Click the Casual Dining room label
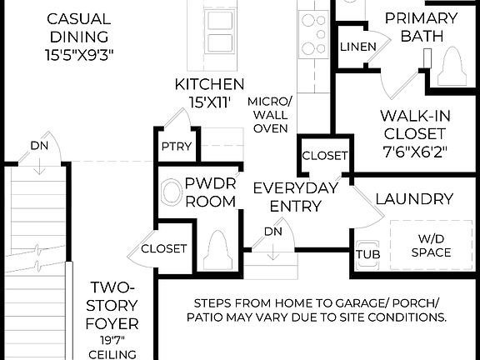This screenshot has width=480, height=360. click(x=78, y=27)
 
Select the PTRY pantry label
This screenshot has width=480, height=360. click(x=176, y=147)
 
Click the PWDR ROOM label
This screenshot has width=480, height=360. click(x=210, y=193)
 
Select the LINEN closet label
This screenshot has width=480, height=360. click(x=357, y=47)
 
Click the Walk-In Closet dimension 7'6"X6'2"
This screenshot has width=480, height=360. click(x=413, y=152)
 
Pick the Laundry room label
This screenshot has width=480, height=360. click(x=414, y=199)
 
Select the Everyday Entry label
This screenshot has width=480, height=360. click(x=295, y=197)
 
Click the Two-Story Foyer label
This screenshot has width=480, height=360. click(x=116, y=304)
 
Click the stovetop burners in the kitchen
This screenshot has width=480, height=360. click(x=314, y=33)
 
